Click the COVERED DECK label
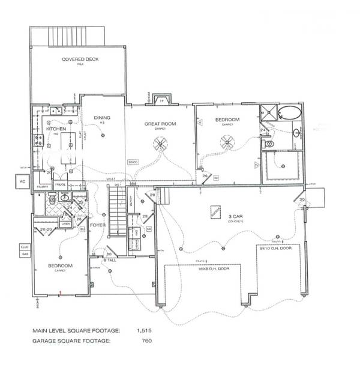tap(80, 59)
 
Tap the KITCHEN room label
tap(47, 129)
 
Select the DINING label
tap(102, 118)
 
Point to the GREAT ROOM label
tap(158, 124)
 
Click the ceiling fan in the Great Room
tap(160, 143)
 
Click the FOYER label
tap(98, 226)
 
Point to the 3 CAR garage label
tap(234, 216)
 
